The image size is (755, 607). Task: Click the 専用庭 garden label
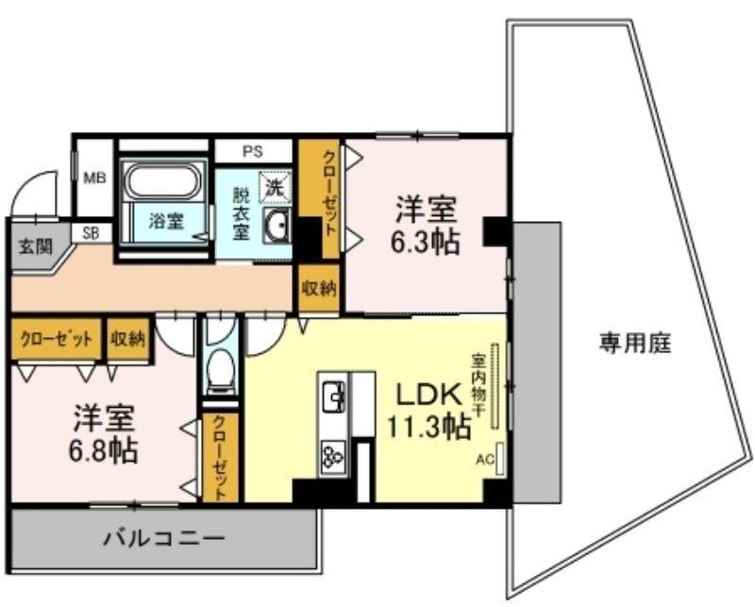click(634, 344)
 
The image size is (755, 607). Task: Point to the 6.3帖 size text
click(427, 243)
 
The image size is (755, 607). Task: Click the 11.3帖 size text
click(428, 427)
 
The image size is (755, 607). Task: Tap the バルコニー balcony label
click(164, 540)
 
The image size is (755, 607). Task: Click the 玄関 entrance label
click(32, 246)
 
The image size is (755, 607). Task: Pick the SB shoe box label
click(92, 231)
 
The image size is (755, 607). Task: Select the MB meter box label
click(93, 177)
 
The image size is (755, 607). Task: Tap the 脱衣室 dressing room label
click(242, 213)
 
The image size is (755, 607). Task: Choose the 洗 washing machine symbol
click(274, 186)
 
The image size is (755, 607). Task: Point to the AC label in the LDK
click(484, 462)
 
